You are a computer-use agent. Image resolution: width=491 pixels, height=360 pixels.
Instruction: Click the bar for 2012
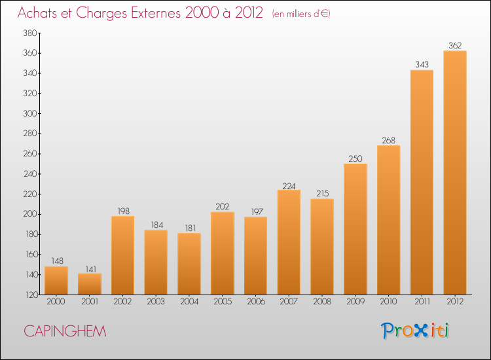coord(455,173)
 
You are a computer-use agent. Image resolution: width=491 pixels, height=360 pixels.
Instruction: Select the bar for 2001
coord(90,284)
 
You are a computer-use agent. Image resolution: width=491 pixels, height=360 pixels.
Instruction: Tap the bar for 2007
coord(289,242)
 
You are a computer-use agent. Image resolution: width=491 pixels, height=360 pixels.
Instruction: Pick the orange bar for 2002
coord(123,255)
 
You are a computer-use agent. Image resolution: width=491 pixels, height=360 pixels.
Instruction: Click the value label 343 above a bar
coord(422,65)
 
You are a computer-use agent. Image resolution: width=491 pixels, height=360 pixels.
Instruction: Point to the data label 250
coord(355,158)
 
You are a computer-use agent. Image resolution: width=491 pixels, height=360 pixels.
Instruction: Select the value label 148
coord(58,261)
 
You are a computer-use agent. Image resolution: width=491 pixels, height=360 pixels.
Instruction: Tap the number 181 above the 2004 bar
coord(191,228)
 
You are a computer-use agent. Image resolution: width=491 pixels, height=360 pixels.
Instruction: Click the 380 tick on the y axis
coord(30,33)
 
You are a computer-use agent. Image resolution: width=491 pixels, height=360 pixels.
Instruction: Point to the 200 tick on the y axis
coord(30,214)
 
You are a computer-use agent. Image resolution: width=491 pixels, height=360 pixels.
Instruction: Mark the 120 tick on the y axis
coord(31,295)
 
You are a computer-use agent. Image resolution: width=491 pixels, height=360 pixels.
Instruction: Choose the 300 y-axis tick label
coord(30,113)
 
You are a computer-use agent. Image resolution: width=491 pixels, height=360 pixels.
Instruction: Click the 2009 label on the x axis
coord(355,301)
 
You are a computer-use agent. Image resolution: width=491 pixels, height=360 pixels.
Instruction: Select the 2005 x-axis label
coord(223,301)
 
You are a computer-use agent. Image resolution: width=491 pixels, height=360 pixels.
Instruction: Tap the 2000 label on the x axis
coord(56,301)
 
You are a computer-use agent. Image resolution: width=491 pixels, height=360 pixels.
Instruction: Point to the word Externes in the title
coord(156,13)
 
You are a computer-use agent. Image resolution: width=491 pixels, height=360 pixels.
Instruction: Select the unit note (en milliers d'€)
coord(301,14)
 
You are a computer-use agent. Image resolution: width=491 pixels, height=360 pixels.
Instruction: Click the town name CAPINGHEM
coord(65,331)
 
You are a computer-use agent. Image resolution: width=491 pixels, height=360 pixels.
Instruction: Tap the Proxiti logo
coord(415,331)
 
